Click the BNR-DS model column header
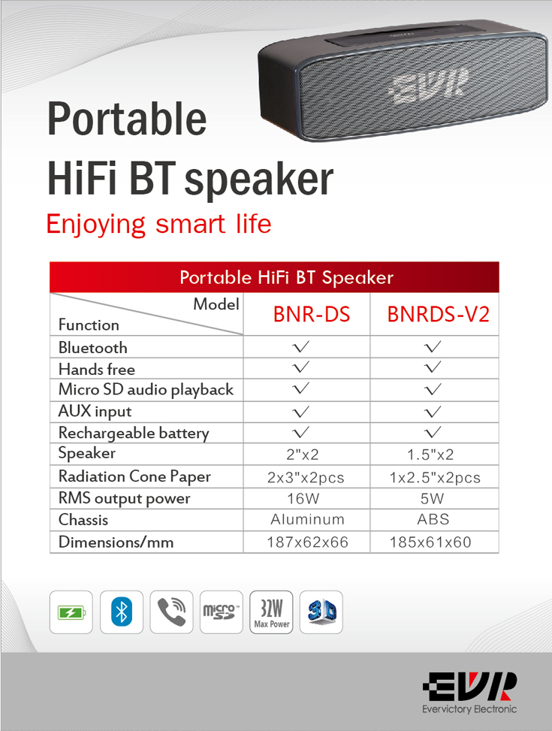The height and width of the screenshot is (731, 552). (x=312, y=314)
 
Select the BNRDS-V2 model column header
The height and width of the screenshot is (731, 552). (x=439, y=314)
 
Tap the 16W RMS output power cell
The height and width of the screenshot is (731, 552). (x=303, y=498)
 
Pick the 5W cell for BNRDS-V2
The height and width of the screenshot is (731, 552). (x=432, y=498)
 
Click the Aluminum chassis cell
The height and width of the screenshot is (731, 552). (x=307, y=519)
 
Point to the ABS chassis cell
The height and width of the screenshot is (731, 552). (x=433, y=519)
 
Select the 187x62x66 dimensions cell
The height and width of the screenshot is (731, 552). (x=307, y=542)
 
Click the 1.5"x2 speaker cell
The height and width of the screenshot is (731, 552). (x=430, y=455)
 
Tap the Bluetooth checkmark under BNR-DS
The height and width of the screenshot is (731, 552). (x=300, y=346)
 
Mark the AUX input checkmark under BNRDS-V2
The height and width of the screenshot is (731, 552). (x=433, y=411)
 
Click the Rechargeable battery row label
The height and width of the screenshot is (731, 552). (x=134, y=433)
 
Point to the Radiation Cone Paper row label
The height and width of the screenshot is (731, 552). (x=134, y=476)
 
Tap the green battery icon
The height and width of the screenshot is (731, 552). (x=71, y=612)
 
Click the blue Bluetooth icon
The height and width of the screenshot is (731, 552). (x=121, y=612)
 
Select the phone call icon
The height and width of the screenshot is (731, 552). (x=171, y=612)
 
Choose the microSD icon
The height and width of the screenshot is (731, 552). (x=222, y=612)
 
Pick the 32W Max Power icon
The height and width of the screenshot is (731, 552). (x=271, y=612)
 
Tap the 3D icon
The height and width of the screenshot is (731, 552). (x=321, y=612)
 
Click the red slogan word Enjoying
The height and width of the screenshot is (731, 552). (x=96, y=225)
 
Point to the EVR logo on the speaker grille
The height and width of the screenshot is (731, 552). (x=428, y=86)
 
